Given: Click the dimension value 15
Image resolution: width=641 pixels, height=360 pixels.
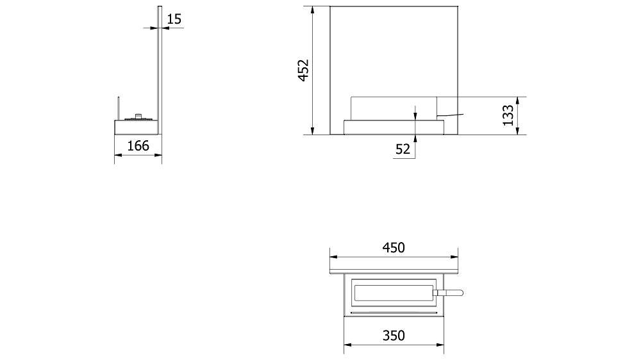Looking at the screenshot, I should click(x=174, y=19).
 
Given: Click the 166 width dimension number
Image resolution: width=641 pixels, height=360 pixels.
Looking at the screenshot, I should click(x=138, y=146).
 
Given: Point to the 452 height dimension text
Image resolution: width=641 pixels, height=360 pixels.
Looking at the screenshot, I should click(x=303, y=70).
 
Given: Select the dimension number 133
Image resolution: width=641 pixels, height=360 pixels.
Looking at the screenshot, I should click(x=509, y=115).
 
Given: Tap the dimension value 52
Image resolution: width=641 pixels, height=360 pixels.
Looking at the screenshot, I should click(x=403, y=149).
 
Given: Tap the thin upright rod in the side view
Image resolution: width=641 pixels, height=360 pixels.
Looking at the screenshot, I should click(x=117, y=107).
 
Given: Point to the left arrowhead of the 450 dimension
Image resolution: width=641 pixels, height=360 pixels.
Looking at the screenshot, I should click(x=333, y=256).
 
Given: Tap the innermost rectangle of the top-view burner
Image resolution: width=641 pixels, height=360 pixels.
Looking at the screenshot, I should click(x=393, y=293).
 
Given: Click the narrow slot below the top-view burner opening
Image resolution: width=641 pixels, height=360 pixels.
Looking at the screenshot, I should click(x=393, y=313).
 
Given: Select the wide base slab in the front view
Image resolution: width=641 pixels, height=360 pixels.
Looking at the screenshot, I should click(x=393, y=127).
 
